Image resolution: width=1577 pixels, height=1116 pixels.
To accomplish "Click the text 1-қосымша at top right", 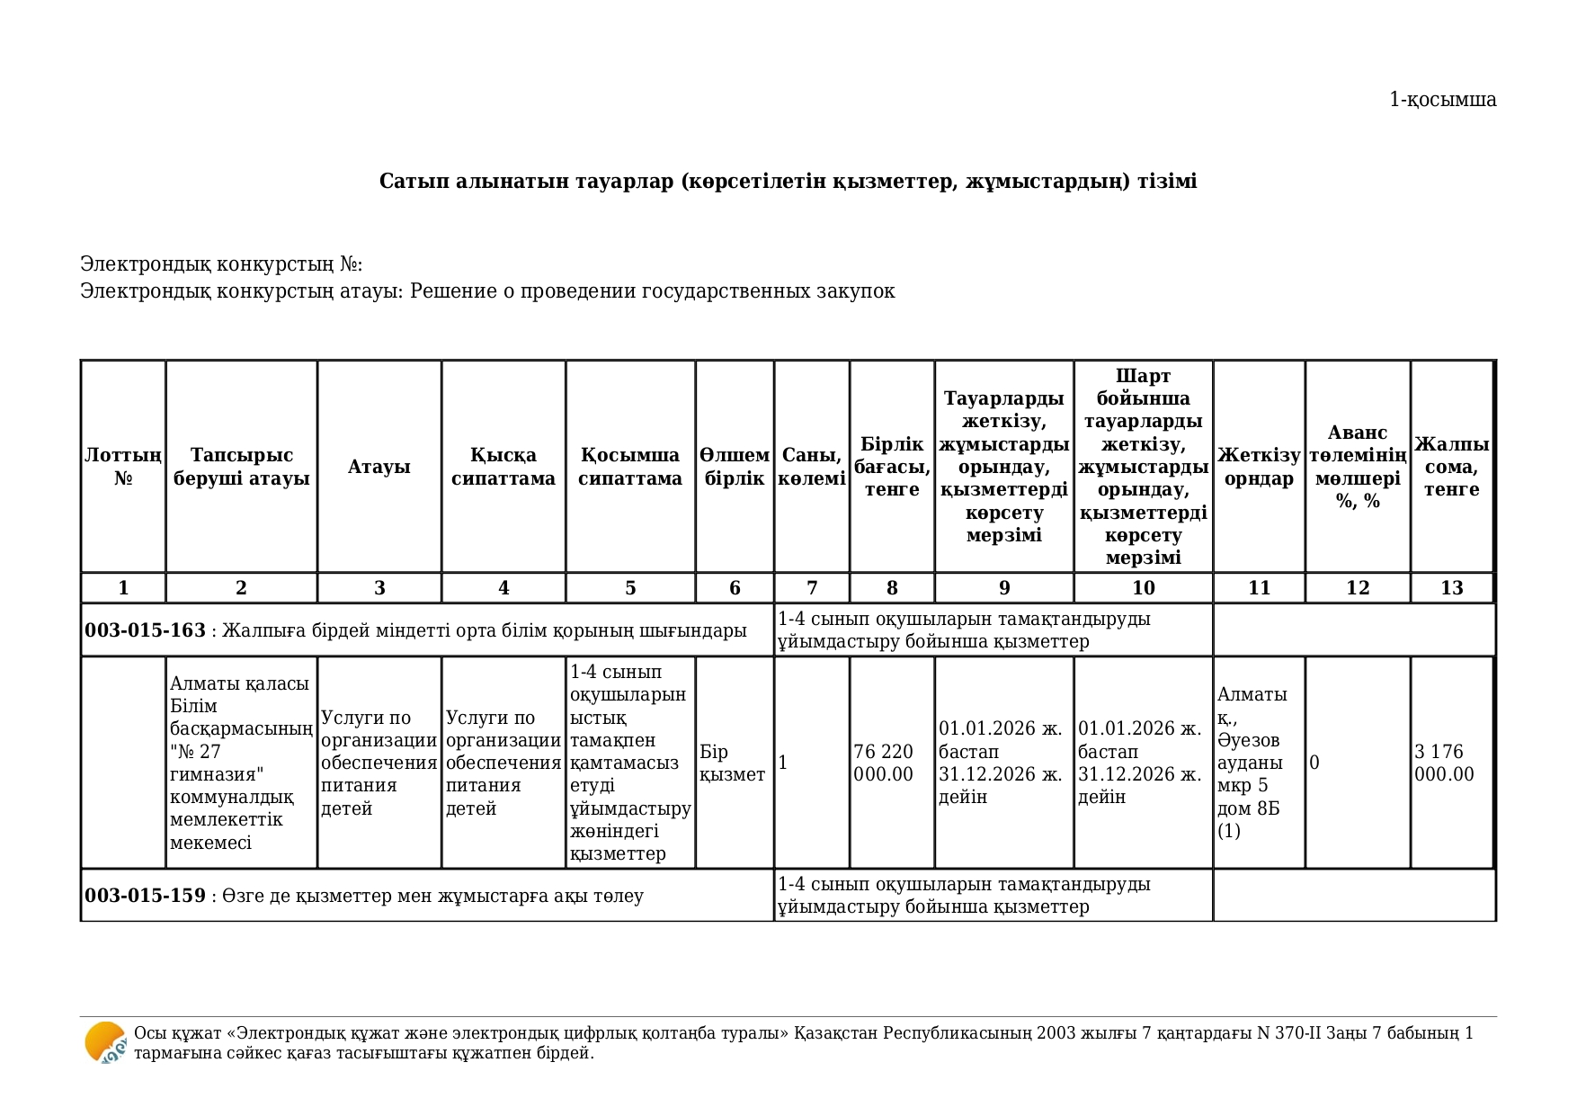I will (x=1442, y=100).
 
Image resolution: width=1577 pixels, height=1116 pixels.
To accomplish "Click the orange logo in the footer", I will (x=105, y=1043).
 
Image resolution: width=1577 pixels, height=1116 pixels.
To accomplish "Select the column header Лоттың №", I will (x=123, y=467).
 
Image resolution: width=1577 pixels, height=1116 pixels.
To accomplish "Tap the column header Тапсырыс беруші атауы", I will (x=241, y=467).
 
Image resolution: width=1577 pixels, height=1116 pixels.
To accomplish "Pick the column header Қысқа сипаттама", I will (x=503, y=467).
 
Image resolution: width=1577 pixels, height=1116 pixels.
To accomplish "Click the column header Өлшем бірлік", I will (x=735, y=467).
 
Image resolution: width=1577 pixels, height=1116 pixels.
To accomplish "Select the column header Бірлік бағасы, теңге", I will (x=892, y=467).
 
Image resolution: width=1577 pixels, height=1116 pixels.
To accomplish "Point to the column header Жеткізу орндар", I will (x=1259, y=467).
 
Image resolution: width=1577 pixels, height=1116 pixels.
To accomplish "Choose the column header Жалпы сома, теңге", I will (x=1451, y=467).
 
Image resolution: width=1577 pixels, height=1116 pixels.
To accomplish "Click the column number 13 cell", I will (x=1451, y=588).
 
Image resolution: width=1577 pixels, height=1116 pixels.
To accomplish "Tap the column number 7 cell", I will (x=812, y=588).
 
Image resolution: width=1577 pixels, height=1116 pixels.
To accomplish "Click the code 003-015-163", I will (x=145, y=630).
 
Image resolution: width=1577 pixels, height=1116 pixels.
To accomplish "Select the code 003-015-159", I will (x=145, y=896).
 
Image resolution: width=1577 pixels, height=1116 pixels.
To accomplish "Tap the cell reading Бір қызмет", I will (x=732, y=763).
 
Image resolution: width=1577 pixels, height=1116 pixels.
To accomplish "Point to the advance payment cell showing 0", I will (x=1314, y=763).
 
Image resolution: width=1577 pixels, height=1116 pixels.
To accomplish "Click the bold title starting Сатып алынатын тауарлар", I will (x=788, y=182).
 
